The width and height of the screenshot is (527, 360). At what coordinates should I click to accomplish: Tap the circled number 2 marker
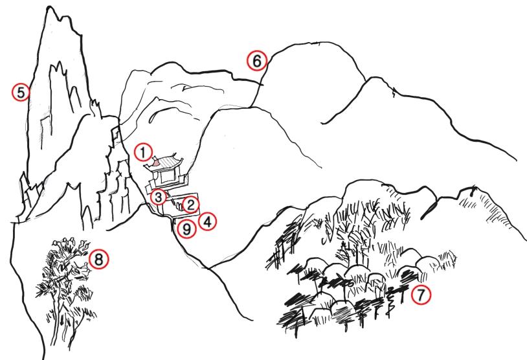point(190,205)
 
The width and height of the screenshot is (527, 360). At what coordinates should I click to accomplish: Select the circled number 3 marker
point(157,196)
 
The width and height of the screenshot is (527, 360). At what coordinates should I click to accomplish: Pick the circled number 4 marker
point(208,221)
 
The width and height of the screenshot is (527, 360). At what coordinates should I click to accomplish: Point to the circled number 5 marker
point(21,93)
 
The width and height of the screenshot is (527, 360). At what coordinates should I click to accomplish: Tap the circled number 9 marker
point(186,229)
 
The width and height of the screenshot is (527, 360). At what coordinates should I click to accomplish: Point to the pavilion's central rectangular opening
point(167,175)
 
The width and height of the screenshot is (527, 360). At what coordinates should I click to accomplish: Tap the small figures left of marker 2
point(175,206)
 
